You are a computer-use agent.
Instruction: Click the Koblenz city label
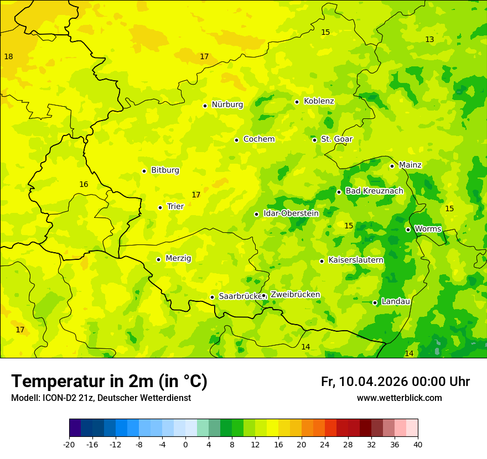pyautogui.click(x=319, y=101)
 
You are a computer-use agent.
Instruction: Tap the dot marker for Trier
pyautogui.click(x=160, y=207)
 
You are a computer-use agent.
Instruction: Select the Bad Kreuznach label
pyautogui.click(x=374, y=191)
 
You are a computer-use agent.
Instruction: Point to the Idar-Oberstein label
pyautogui.click(x=291, y=213)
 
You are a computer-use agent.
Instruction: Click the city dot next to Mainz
pyautogui.click(x=392, y=166)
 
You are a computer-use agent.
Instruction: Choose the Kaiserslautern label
pyautogui.click(x=356, y=260)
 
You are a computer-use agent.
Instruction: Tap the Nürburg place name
pyautogui.click(x=227, y=105)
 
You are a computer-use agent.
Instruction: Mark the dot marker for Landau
pyautogui.click(x=375, y=302)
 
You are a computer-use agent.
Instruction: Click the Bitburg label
pyautogui.click(x=165, y=170)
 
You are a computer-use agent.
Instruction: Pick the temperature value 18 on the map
pyautogui.click(x=8, y=56)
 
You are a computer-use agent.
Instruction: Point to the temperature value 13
pyautogui.click(x=429, y=39)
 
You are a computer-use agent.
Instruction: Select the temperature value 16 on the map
pyautogui.click(x=84, y=184)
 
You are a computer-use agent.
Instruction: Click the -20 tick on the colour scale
pyautogui.click(x=69, y=444)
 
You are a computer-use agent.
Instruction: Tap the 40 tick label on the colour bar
pyautogui.click(x=418, y=444)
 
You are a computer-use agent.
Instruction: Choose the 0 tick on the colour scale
pyautogui.click(x=185, y=444)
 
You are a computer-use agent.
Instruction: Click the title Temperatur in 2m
pyautogui.click(x=109, y=382)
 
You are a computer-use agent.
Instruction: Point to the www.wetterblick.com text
pyautogui.click(x=399, y=398)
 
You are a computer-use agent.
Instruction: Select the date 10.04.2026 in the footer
pyautogui.click(x=374, y=382)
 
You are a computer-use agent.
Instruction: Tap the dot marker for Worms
pyautogui.click(x=408, y=229)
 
